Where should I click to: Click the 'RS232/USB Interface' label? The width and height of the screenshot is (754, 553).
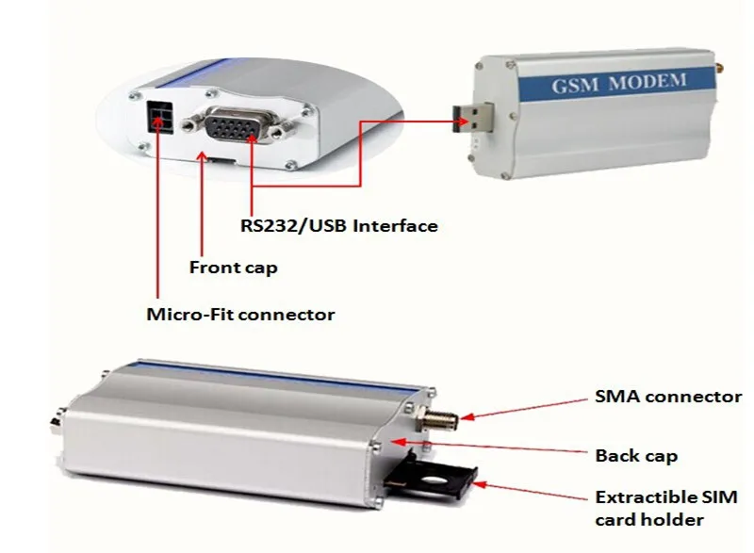click(337, 226)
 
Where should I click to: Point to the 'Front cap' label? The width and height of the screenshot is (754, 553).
click(234, 268)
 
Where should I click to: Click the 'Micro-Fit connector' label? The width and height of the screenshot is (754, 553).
click(240, 315)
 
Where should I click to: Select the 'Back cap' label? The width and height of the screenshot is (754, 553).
click(636, 456)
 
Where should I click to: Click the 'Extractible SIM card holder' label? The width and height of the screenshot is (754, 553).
click(665, 508)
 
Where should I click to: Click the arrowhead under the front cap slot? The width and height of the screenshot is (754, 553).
click(204, 163)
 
